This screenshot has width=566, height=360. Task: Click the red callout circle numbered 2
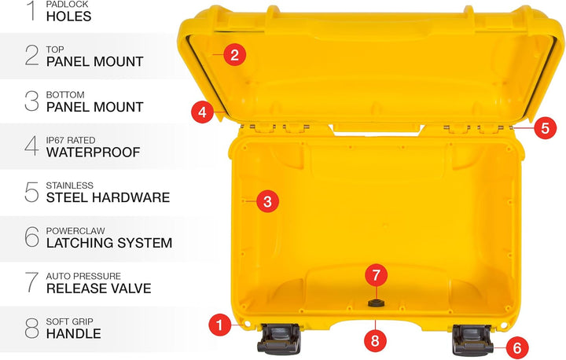[234, 55]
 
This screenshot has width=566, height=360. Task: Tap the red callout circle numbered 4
[202, 112]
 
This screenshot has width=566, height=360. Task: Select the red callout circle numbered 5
[546, 127]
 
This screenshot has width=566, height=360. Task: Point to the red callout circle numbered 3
[267, 201]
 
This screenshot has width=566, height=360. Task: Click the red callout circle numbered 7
[376, 275]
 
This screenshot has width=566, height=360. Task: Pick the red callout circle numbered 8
[376, 340]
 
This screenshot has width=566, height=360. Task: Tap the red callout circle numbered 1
[220, 323]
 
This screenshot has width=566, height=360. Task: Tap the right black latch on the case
[471, 340]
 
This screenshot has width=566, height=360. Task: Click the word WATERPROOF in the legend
[93, 152]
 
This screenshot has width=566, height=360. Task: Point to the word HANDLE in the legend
[73, 333]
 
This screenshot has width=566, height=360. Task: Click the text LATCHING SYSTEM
[108, 243]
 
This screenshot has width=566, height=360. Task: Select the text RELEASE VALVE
[98, 288]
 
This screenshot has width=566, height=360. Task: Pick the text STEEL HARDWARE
[108, 197]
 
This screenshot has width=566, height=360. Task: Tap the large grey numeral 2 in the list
[31, 55]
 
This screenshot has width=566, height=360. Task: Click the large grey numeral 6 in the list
[31, 237]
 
